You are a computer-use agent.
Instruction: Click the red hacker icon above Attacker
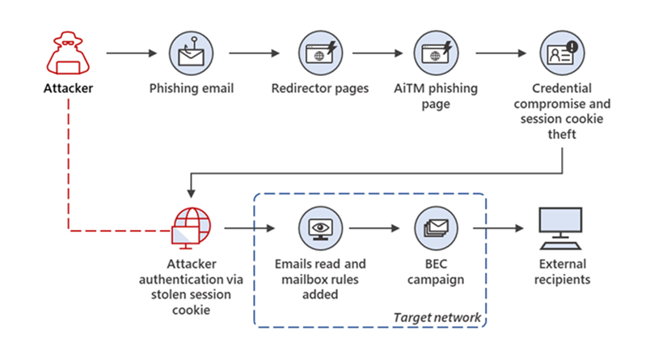click(68, 53)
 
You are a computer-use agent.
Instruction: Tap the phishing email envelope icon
click(191, 53)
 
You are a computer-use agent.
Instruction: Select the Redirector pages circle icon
click(320, 53)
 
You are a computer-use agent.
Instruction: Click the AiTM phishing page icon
click(436, 53)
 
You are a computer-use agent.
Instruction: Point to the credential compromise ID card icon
click(562, 53)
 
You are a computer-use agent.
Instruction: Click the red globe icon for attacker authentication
click(191, 228)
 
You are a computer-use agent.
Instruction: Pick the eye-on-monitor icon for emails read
click(320, 228)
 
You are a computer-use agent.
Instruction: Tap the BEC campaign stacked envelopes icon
click(436, 228)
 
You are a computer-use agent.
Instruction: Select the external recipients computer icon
click(561, 228)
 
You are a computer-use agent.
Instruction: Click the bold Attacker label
click(69, 88)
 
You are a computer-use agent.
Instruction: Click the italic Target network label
click(437, 317)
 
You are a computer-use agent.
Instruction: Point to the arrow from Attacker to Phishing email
click(132, 53)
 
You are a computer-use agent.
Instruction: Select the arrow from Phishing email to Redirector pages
click(254, 53)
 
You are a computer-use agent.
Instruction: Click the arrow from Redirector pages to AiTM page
click(378, 53)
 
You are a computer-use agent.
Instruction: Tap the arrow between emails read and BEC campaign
click(374, 228)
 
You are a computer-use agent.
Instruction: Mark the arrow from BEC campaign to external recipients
click(498, 228)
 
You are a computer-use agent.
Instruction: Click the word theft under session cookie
click(562, 134)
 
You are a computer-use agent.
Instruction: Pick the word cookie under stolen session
click(191, 310)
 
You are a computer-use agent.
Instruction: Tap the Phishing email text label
click(191, 89)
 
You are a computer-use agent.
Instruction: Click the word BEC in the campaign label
click(436, 264)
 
